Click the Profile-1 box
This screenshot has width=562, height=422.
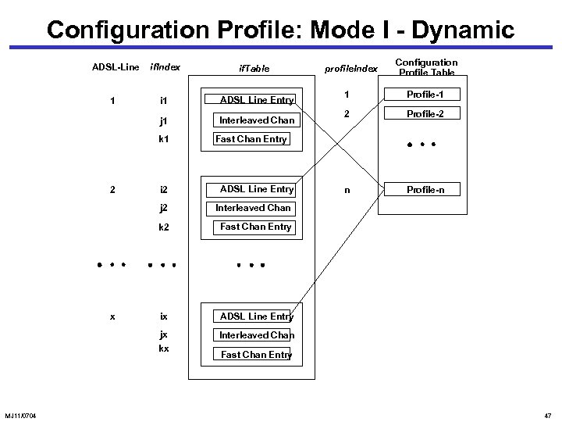(421, 95)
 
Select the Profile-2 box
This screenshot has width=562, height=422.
(421, 114)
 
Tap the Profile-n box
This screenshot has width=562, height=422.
(421, 190)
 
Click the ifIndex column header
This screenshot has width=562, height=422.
(165, 67)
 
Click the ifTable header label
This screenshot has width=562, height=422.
(254, 69)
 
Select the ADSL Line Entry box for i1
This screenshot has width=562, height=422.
(256, 100)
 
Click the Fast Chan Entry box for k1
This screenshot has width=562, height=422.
(251, 140)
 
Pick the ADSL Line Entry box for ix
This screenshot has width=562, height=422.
(256, 316)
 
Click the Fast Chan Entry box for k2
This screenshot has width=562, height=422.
(255, 227)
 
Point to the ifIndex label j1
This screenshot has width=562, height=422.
(164, 120)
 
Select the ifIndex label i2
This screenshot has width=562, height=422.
(164, 190)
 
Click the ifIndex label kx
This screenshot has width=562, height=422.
(164, 348)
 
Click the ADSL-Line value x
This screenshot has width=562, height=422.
(114, 316)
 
